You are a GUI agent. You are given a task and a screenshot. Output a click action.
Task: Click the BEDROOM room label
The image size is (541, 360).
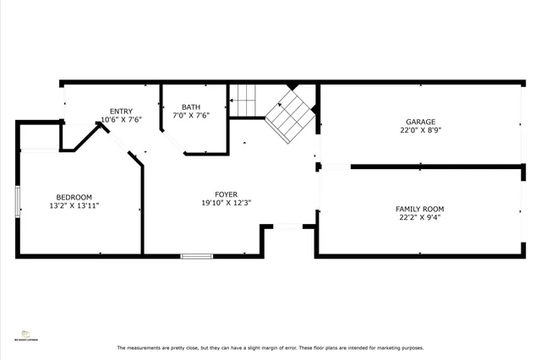tap(74, 197)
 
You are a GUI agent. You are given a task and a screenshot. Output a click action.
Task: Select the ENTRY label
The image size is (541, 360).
tap(121, 111)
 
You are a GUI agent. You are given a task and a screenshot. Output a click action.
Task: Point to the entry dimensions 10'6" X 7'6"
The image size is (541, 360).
tap(121, 120)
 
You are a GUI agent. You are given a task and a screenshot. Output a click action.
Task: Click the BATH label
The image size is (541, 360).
tap(191, 106)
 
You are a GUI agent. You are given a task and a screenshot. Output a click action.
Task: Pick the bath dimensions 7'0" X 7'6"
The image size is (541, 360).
tap(191, 116)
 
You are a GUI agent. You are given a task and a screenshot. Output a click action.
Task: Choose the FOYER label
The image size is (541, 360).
tap(226, 194)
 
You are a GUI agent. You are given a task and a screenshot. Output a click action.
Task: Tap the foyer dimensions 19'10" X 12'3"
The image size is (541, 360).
tap(226, 203)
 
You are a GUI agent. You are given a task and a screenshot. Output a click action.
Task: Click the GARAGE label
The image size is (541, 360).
tap(419, 121)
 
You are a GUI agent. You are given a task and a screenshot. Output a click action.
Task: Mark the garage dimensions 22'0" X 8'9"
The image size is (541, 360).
tap(419, 130)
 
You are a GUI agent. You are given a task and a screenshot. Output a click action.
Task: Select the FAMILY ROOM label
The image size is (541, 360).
tap(419, 209)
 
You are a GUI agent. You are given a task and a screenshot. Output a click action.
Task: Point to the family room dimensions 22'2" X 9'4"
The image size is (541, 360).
tap(419, 218)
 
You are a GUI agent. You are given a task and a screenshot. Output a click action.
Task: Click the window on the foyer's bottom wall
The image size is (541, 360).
tap(195, 255)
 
